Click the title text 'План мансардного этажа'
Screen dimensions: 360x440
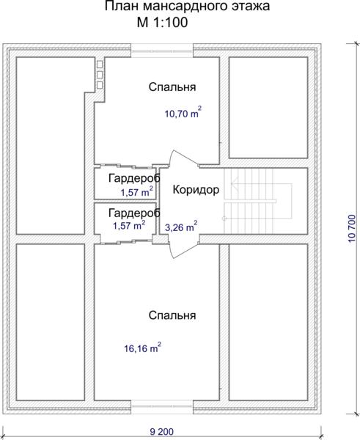point(187,7)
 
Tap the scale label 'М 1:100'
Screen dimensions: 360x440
point(162,23)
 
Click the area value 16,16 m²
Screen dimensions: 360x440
point(142,347)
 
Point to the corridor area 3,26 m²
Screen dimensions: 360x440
point(181,227)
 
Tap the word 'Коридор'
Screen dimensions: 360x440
point(196,190)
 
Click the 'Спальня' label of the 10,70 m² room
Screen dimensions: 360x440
point(172,87)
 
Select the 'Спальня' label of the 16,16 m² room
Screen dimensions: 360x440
point(172,315)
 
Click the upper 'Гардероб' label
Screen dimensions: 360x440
point(134,178)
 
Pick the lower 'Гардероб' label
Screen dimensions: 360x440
point(134,213)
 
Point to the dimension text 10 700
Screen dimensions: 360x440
point(352,229)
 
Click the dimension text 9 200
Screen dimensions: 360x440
point(161,432)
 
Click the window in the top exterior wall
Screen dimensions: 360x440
point(162,51)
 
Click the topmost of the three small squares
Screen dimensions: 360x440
point(100,65)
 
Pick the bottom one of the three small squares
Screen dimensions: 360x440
point(100,85)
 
